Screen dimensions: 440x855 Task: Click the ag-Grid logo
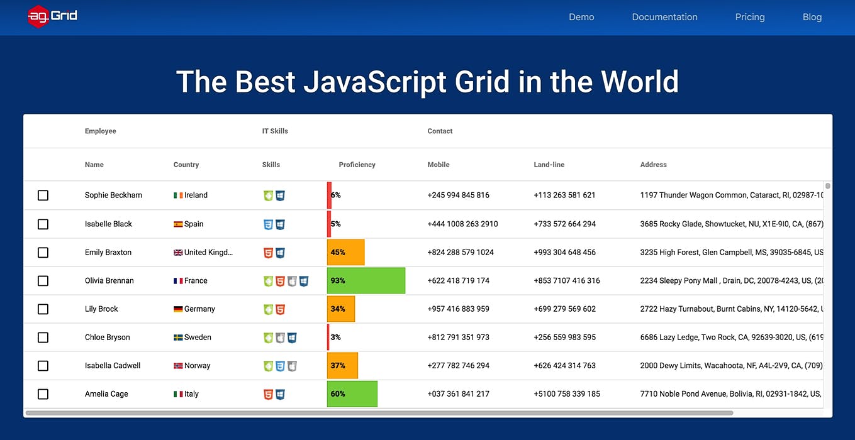[x=53, y=16]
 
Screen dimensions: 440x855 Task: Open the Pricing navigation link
[x=750, y=17]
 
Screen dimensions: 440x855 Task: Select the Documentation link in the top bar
[x=664, y=17]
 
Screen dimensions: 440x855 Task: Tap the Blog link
[x=812, y=17]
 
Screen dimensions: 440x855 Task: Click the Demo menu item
[x=581, y=17]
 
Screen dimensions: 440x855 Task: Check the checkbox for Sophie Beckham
[x=43, y=195]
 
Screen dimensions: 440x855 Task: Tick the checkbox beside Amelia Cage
[x=43, y=394]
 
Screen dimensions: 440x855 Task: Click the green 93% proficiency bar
[x=366, y=280]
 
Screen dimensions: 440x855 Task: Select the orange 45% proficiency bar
[x=346, y=252]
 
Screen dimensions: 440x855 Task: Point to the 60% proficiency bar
[x=352, y=394]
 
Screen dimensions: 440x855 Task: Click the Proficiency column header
[x=357, y=165]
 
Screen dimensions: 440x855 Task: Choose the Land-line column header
[x=549, y=165]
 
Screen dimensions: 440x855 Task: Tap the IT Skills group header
[x=275, y=131]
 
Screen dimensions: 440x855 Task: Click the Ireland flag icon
[x=178, y=195]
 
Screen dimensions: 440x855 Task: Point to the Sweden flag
[x=178, y=338]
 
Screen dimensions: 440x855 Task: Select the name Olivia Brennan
[x=109, y=280]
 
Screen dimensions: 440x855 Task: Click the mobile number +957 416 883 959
[x=458, y=309]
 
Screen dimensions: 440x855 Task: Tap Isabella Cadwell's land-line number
[x=564, y=365]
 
